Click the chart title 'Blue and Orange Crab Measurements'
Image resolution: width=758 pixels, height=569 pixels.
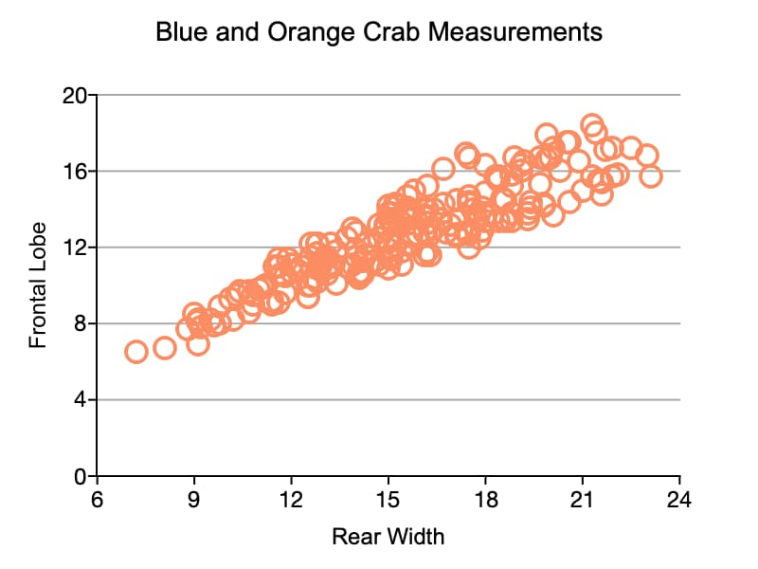(379, 32)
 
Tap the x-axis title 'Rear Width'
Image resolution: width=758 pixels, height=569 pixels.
(388, 537)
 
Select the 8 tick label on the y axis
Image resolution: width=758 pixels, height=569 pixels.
(81, 323)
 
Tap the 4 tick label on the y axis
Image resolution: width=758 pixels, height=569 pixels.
(81, 399)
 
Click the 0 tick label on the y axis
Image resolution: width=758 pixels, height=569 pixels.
(81, 475)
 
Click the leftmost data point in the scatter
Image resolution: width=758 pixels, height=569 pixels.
(135, 352)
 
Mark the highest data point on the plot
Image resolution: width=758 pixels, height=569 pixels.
(592, 125)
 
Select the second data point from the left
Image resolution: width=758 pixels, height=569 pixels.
(165, 348)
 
